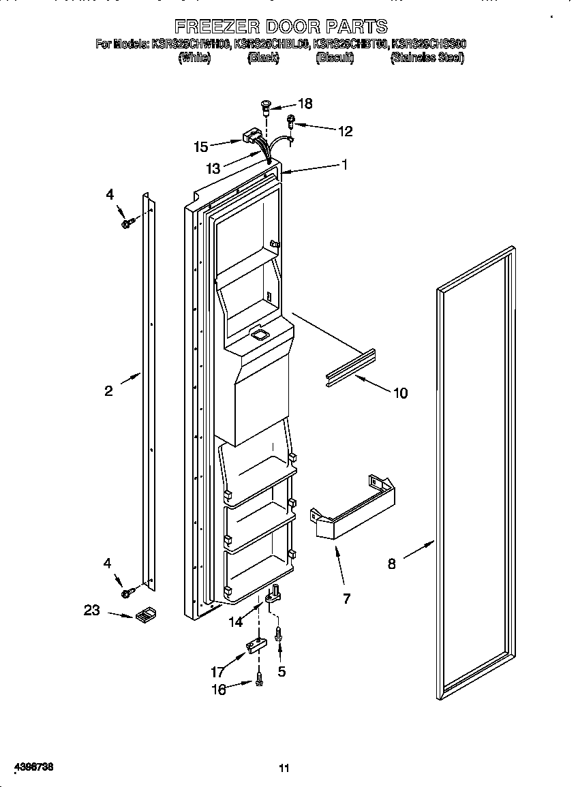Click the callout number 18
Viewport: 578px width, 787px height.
tap(305, 104)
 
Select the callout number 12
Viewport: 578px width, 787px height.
tap(346, 132)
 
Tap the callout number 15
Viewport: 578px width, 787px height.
tap(200, 146)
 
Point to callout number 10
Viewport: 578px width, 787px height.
tap(399, 393)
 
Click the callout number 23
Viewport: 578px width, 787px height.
tap(92, 611)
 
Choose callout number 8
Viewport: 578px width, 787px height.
tap(391, 564)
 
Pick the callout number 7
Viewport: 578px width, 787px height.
tap(346, 599)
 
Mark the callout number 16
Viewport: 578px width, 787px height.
tap(218, 690)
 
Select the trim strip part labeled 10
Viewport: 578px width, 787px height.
tap(350, 369)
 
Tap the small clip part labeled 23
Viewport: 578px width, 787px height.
tap(144, 616)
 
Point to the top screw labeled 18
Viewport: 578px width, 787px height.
tap(266, 105)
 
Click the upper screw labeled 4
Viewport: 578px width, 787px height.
tap(127, 222)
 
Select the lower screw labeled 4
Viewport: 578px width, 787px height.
tap(126, 593)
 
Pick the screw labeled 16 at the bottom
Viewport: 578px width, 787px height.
tap(260, 677)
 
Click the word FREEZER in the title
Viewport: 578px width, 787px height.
tap(217, 27)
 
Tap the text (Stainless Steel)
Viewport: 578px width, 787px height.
tap(427, 59)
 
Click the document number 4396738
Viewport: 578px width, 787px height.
tap(28, 767)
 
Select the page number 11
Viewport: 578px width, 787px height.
tap(284, 769)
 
